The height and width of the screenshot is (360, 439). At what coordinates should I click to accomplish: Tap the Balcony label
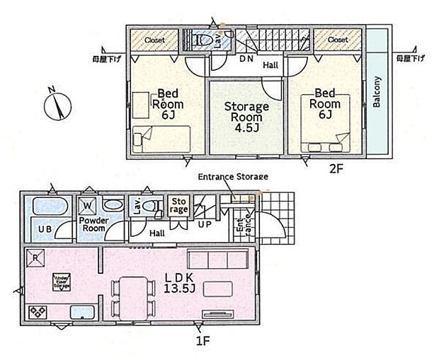[377, 91]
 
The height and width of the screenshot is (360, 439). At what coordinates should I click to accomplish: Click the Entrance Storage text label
[232, 176]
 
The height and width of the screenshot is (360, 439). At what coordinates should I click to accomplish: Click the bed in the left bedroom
[162, 134]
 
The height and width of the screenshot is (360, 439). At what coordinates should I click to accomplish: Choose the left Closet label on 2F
[154, 40]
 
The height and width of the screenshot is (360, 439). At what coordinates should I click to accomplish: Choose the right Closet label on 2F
[338, 40]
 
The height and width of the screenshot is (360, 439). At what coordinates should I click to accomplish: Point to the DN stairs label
[246, 59]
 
